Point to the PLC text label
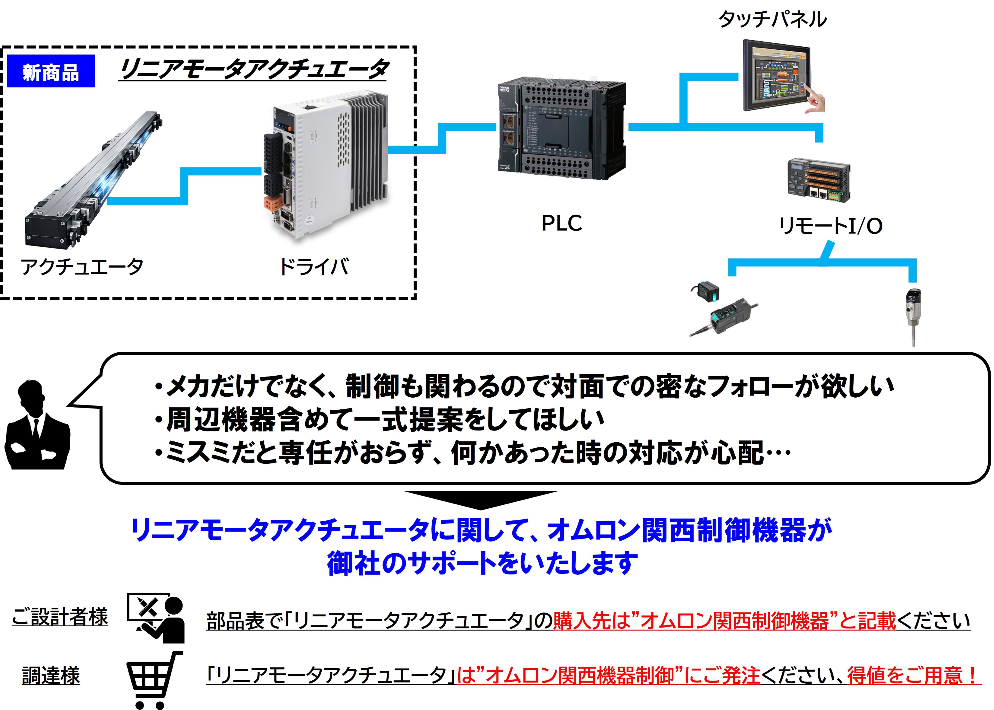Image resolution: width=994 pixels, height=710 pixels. coord(562,223)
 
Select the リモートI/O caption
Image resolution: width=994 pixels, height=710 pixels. coord(830,226)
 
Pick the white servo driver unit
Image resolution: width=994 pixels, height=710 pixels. coord(326,168)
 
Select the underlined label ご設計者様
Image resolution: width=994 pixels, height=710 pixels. coord(60,617)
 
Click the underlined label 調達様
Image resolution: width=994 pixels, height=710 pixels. coord(51,676)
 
